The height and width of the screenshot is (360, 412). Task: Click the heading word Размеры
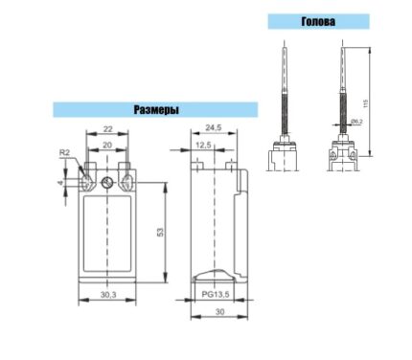point(156,110)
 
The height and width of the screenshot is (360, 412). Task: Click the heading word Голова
point(318,21)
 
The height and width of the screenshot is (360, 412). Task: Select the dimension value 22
point(108,129)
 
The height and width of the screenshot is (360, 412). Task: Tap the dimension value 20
point(107,146)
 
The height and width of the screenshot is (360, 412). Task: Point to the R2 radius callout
point(64,152)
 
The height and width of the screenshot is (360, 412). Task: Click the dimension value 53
point(160,232)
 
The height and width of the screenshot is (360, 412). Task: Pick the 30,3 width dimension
point(108,295)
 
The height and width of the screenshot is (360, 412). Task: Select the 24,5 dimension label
point(214,127)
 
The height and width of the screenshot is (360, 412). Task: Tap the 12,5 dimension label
point(203,146)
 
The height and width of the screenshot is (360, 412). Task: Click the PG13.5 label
point(216,294)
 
